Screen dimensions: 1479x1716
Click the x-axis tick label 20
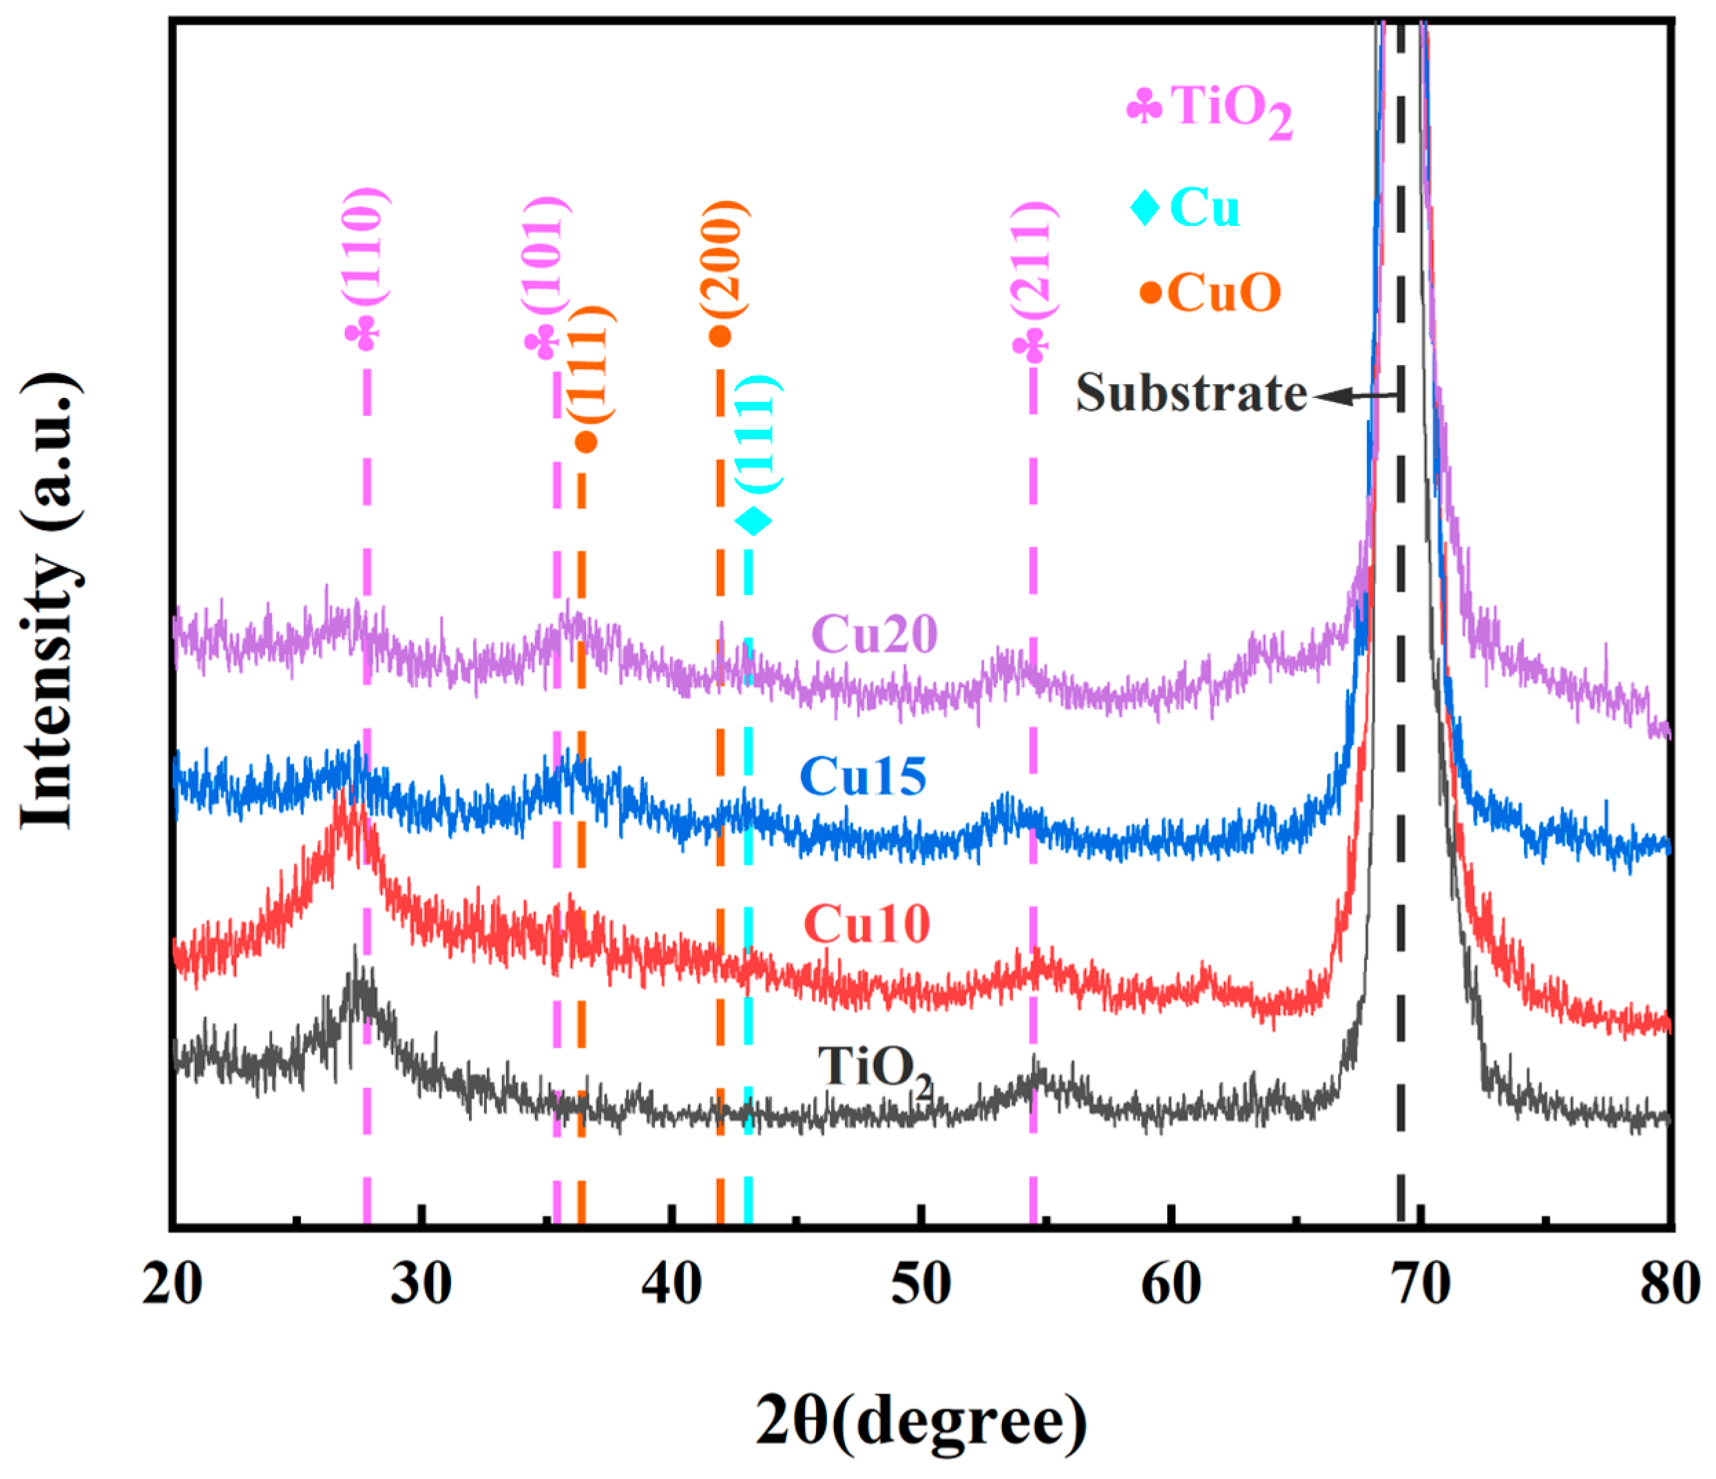(x=172, y=1286)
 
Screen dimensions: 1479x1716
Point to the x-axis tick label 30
(x=421, y=1286)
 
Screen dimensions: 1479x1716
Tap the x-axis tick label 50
(x=921, y=1286)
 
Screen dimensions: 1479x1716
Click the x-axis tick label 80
(x=1668, y=1286)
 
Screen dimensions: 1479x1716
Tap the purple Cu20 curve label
(x=875, y=635)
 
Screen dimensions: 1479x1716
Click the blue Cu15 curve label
(x=863, y=777)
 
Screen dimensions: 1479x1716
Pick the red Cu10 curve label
(x=866, y=923)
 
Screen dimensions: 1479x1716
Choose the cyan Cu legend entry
(x=1186, y=207)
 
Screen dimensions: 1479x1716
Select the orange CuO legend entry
(x=1211, y=293)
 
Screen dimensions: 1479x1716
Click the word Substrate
(x=1190, y=392)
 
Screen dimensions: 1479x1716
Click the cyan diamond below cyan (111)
(x=753, y=521)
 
